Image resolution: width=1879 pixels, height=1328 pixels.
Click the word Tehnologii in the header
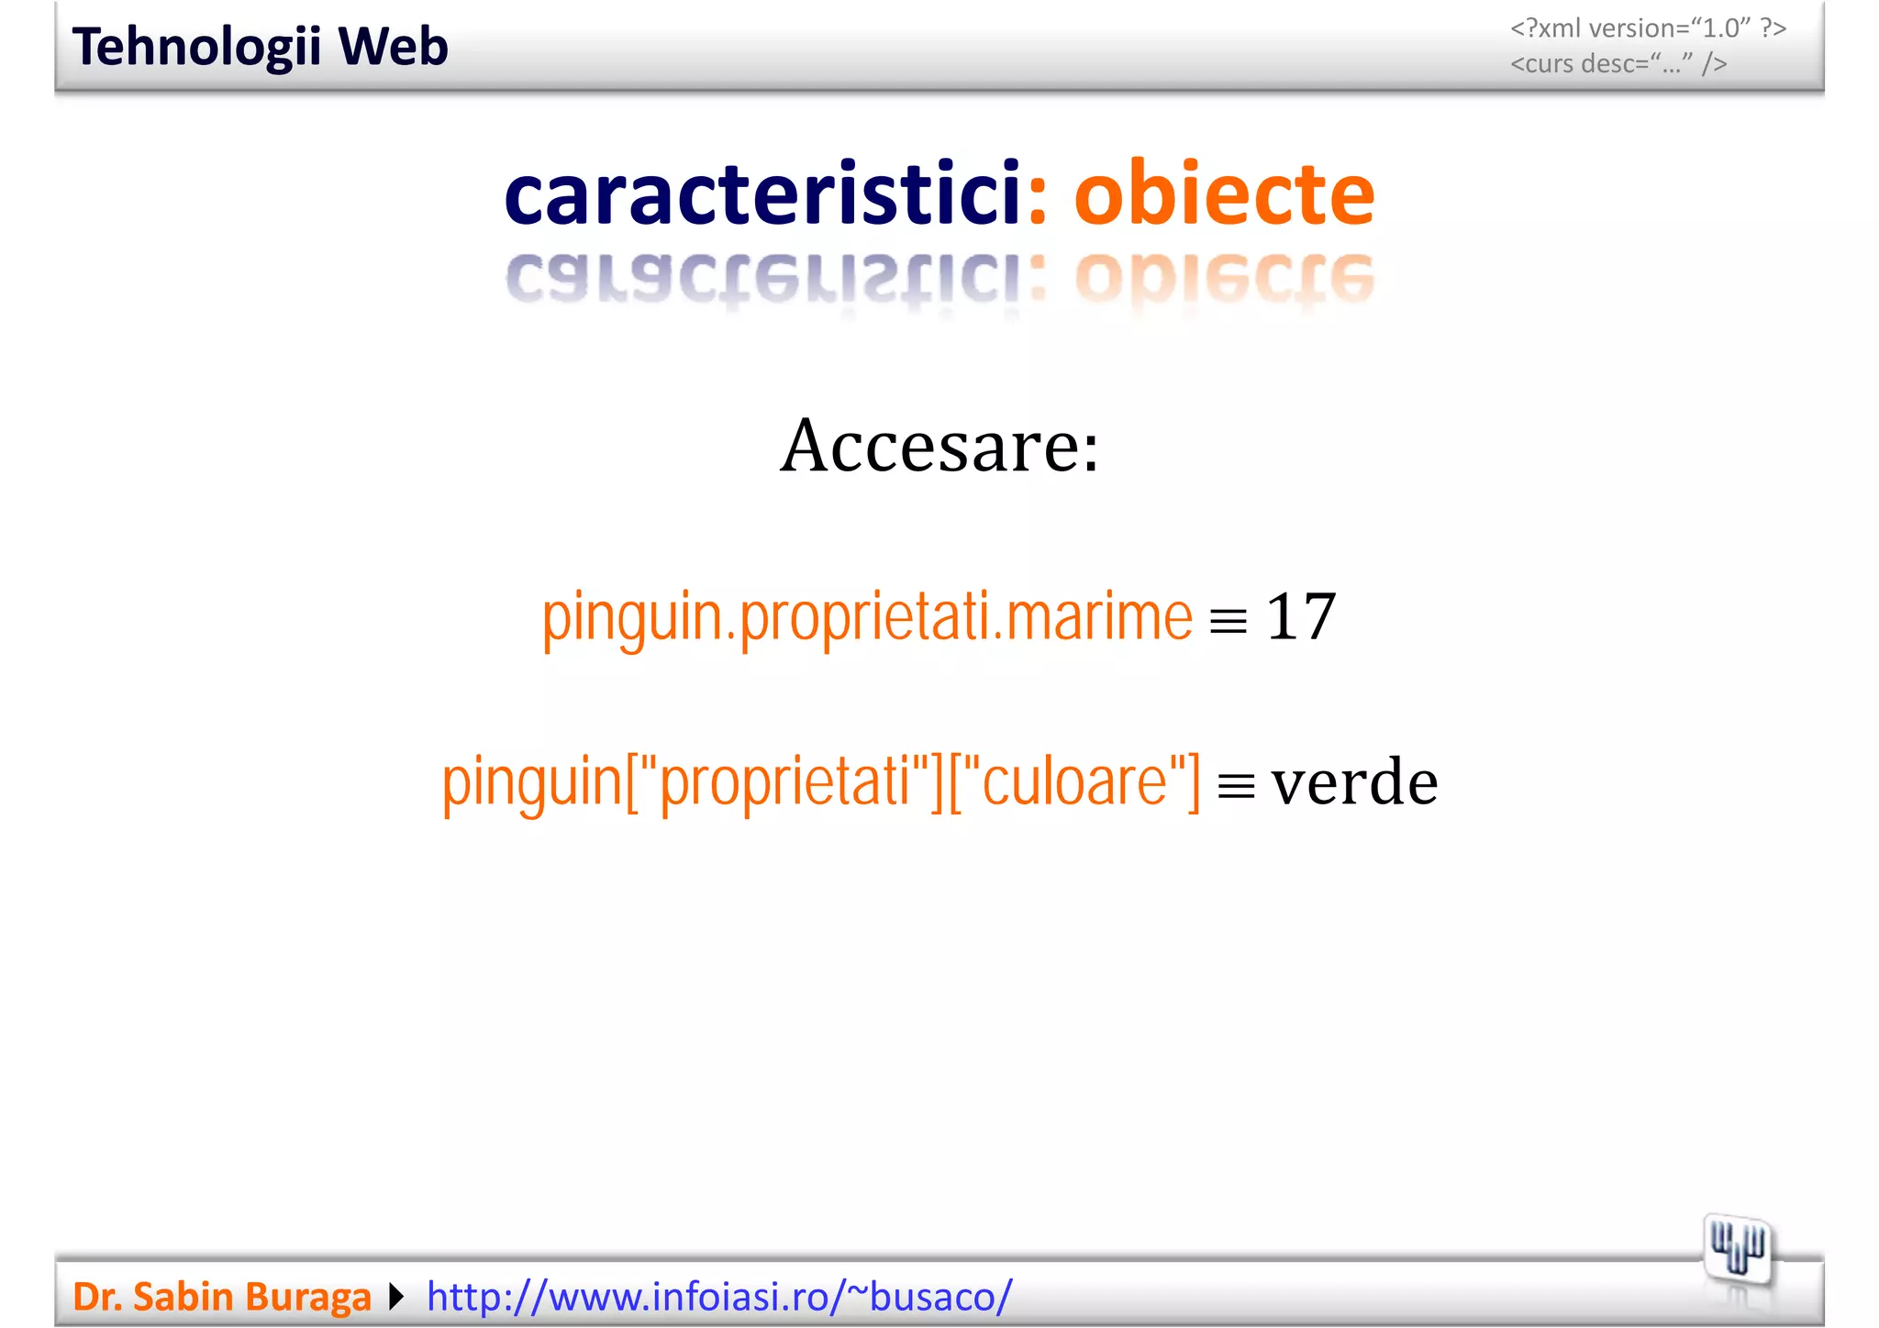pos(196,47)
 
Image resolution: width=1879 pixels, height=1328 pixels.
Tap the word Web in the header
pos(393,47)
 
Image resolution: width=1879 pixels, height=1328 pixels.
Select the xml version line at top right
pos(1648,28)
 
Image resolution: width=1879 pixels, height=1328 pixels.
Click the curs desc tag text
pos(1618,64)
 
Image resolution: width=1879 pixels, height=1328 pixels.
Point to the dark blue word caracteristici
pos(762,194)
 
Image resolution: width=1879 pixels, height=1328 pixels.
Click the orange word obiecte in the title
pos(1224,194)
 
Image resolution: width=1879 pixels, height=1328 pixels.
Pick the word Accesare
pos(939,446)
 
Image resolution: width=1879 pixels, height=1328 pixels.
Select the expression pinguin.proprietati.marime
pos(867,616)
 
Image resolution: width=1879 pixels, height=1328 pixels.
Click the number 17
pos(1300,616)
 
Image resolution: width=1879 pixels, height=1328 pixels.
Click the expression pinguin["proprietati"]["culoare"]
pos(821,781)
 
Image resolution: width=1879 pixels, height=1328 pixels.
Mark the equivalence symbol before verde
pos(1236,787)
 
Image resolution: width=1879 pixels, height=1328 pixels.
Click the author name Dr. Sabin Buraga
pos(222,1297)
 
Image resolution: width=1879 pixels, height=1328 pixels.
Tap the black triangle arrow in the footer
pos(396,1297)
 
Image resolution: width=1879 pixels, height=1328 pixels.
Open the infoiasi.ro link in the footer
pos(719,1297)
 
